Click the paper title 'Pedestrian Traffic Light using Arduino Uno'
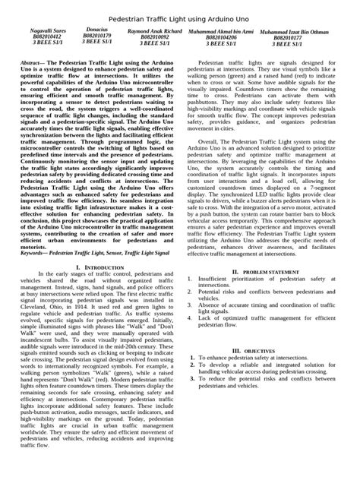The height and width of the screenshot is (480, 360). (180, 16)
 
